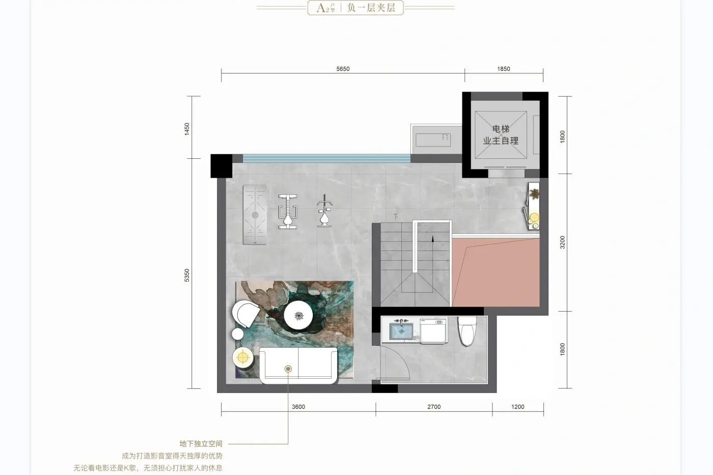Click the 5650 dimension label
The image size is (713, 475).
(x=343, y=69)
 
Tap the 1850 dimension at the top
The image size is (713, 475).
(x=504, y=69)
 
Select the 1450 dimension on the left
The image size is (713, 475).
(x=187, y=129)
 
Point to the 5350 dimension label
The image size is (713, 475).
(x=187, y=275)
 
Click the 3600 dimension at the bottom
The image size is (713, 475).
(x=298, y=407)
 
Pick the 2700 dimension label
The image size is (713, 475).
(x=434, y=407)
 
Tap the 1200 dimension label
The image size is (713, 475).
(x=517, y=407)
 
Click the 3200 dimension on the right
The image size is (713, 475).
(x=562, y=242)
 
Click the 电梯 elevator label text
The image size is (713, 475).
(x=501, y=129)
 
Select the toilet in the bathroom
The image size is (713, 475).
(x=467, y=331)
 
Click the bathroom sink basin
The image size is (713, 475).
(x=401, y=331)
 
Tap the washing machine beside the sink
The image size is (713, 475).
(x=433, y=331)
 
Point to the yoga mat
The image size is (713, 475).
(x=255, y=215)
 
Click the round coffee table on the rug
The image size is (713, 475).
(x=298, y=315)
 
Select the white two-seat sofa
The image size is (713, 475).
(x=298, y=365)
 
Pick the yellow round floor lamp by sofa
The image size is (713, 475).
(x=242, y=357)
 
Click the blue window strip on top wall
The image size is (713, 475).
(x=326, y=158)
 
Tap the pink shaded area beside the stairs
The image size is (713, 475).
(x=496, y=272)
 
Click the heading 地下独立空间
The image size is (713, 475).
(x=201, y=444)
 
